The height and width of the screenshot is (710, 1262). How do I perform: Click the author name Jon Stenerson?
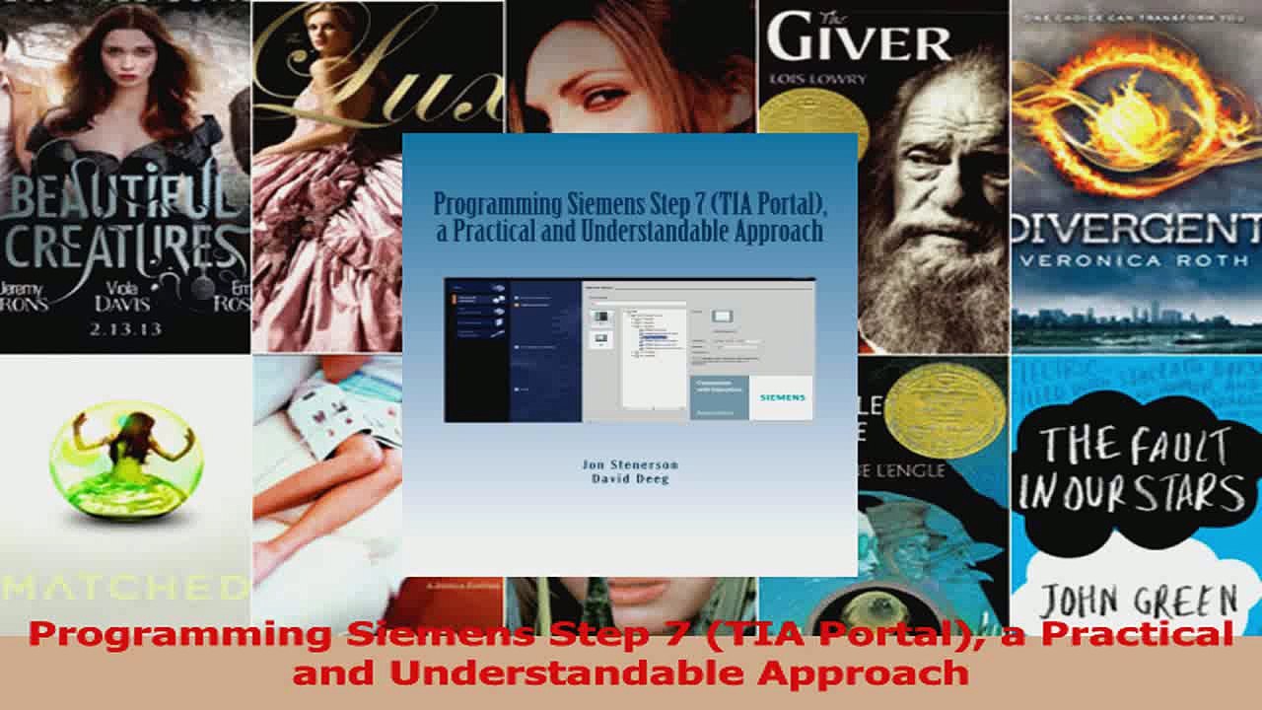(x=629, y=464)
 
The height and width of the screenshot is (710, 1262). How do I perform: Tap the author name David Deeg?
(x=629, y=478)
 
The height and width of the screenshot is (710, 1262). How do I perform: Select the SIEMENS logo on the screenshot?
(x=782, y=397)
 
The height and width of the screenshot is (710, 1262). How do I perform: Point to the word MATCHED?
(x=124, y=589)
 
